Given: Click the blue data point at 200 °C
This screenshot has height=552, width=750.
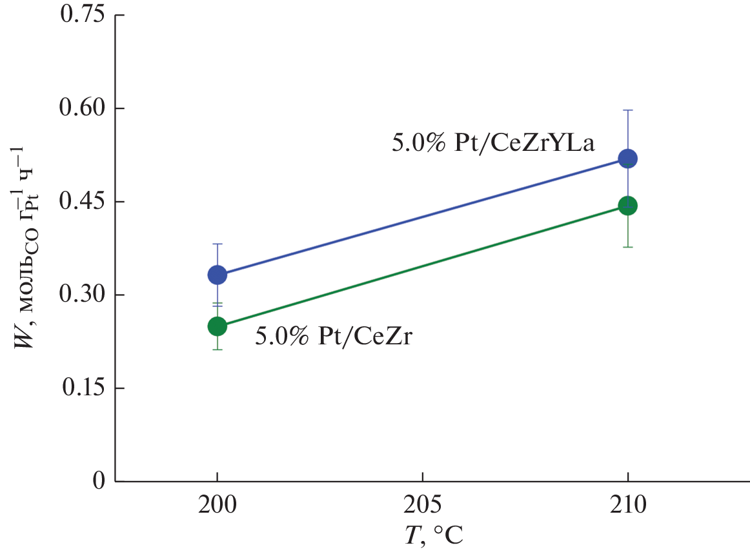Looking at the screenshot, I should (218, 275).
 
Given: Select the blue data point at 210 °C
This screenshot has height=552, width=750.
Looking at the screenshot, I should (627, 159).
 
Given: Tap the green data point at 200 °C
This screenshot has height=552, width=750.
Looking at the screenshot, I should (218, 326).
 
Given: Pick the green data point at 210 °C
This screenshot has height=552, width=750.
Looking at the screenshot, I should (627, 206).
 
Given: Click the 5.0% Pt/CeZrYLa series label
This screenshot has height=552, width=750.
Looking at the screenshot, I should (492, 143).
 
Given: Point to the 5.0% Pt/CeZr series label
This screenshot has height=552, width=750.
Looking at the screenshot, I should (333, 336).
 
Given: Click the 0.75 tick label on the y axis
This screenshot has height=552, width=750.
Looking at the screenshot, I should (82, 15).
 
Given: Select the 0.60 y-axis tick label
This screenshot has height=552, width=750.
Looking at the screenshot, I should (82, 109).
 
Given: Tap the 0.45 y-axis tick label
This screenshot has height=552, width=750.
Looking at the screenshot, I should (82, 202).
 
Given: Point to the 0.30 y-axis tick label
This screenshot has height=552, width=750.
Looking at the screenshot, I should (82, 295).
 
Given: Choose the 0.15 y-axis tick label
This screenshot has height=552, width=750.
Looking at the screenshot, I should (82, 388).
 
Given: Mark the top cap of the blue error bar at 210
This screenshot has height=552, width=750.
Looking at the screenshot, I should (627, 110).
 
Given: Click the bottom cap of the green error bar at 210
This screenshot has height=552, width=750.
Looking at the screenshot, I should (627, 247).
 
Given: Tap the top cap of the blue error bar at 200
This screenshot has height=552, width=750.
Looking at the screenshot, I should (218, 244).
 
